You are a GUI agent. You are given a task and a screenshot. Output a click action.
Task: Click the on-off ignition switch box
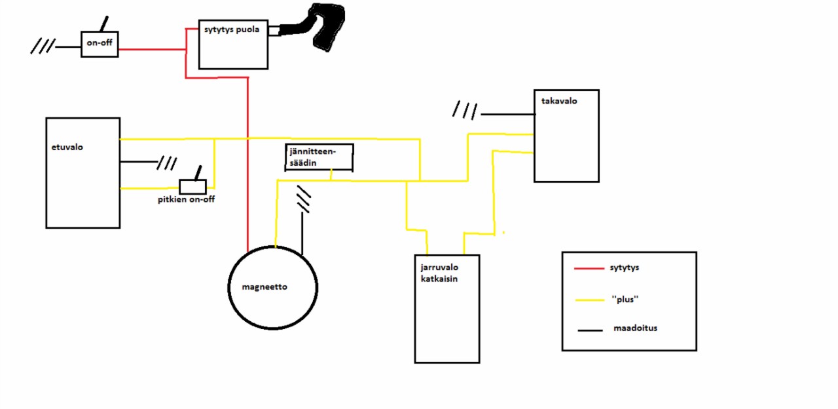pyautogui.click(x=100, y=44)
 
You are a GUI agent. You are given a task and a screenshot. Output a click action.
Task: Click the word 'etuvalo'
pyautogui.click(x=67, y=147)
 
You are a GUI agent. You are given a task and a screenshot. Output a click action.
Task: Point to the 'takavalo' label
pyautogui.click(x=559, y=101)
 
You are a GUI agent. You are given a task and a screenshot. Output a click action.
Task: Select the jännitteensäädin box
pyautogui.click(x=319, y=157)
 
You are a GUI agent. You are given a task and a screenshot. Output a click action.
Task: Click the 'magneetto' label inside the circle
pyautogui.click(x=264, y=287)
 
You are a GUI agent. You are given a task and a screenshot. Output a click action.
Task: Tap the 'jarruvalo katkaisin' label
pyautogui.click(x=439, y=273)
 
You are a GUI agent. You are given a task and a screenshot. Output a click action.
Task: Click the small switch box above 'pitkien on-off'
pyautogui.click(x=192, y=186)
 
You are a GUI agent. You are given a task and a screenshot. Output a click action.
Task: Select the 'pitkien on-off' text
pyautogui.click(x=186, y=199)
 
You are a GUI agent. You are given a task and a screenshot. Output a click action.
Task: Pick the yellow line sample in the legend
pyautogui.click(x=589, y=300)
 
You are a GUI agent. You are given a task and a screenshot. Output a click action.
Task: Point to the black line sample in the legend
pyautogui.click(x=590, y=330)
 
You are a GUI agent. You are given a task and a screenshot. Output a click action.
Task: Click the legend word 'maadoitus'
pyautogui.click(x=635, y=328)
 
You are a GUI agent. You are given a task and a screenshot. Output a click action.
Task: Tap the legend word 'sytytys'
pyautogui.click(x=624, y=267)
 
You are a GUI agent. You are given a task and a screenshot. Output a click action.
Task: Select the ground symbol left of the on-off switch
pyautogui.click(x=43, y=47)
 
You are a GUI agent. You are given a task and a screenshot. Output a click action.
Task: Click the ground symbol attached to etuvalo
pyautogui.click(x=166, y=163)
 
